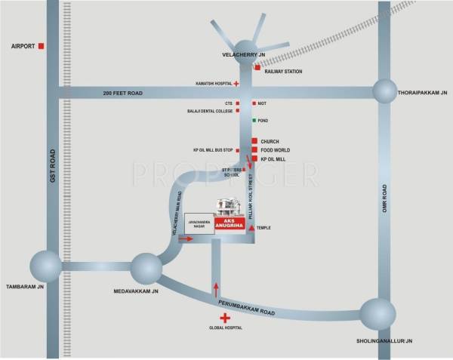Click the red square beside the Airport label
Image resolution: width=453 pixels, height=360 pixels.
coord(41,46)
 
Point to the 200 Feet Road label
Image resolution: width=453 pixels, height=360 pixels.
coord(122,92)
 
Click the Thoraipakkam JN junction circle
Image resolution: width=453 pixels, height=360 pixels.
coord(384,91)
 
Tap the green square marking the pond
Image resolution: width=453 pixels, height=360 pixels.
coord(254,121)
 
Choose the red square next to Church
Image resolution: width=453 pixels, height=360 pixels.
coord(254,140)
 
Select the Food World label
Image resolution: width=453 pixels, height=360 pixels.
coord(275,150)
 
